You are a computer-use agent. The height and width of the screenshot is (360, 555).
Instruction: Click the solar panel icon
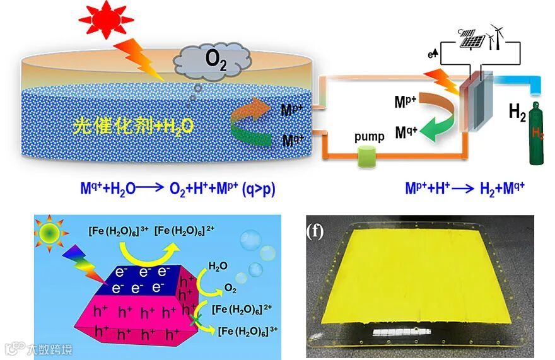(x=473, y=38)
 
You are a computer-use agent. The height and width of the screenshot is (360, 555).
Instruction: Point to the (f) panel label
(x=315, y=231)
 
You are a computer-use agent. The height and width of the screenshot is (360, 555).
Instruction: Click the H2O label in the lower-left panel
(x=218, y=265)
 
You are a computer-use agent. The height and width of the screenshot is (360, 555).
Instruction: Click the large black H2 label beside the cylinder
(x=517, y=113)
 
